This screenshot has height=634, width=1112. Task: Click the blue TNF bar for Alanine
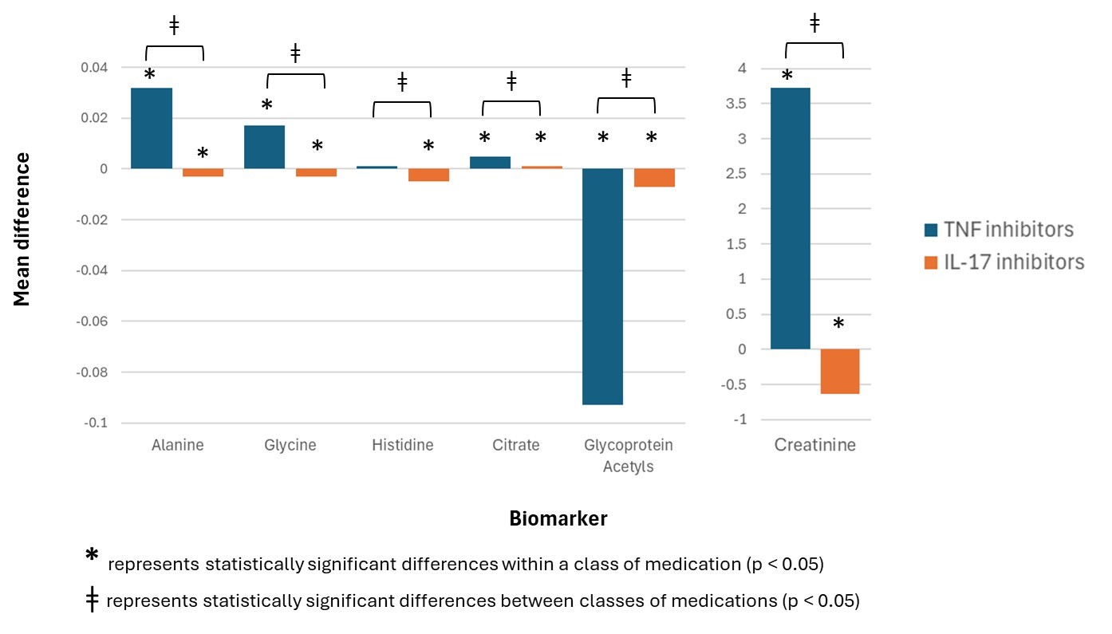tap(152, 128)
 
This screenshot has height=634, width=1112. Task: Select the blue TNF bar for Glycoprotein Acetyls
tap(602, 286)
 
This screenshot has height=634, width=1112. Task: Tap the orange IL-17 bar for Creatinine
tap(839, 372)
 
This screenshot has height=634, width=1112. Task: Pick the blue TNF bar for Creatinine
tap(791, 219)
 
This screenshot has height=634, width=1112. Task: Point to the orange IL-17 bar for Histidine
tap(428, 175)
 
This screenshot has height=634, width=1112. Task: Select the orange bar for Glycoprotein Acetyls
tap(654, 178)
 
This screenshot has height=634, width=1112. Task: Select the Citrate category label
tap(515, 445)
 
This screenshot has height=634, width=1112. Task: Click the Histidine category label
tap(402, 445)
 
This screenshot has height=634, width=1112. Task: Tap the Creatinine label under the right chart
tap(814, 445)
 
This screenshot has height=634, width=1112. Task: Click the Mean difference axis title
tap(22, 230)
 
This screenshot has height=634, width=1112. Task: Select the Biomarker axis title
tap(558, 519)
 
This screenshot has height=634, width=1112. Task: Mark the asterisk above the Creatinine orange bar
tap(838, 325)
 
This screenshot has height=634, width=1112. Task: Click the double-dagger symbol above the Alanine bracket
tap(174, 25)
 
